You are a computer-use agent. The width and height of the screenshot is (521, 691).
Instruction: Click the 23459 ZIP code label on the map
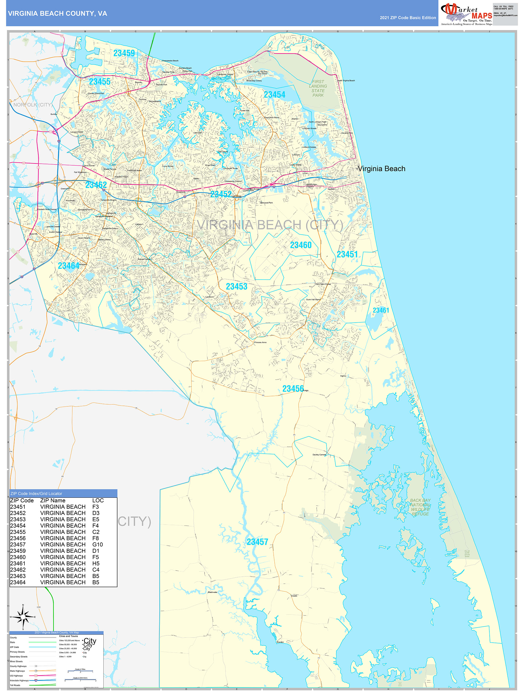coord(124,53)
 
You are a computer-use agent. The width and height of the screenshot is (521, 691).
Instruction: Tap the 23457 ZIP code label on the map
coord(257,542)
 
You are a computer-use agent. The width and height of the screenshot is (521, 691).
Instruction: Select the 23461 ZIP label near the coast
coord(381,310)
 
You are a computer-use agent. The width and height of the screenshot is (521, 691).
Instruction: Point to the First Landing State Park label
coord(318,89)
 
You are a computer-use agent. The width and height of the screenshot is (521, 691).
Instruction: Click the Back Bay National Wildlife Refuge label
coord(420,507)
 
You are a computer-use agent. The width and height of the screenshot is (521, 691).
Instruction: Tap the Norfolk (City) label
coord(33,105)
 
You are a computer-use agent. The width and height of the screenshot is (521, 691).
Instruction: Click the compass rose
coord(23,617)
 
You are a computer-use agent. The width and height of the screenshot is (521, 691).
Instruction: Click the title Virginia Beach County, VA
coord(57,14)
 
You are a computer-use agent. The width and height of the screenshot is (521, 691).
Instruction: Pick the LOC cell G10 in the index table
coord(98,545)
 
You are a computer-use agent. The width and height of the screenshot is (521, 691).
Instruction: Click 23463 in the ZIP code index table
coord(18,576)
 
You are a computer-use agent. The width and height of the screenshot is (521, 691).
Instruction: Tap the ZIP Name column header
coord(53,500)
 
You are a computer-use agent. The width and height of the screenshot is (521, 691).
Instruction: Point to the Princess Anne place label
coord(260,342)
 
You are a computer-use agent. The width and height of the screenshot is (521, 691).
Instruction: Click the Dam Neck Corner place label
coord(323,284)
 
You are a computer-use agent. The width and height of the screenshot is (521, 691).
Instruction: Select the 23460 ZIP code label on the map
coord(301,245)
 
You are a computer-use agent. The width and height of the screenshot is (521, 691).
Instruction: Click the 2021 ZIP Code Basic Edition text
coord(408,18)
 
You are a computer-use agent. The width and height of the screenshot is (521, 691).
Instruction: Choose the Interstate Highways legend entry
coord(19,680)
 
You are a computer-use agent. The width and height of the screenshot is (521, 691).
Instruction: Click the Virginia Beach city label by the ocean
coord(381,169)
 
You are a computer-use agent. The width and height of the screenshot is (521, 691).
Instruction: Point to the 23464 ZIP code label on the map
coord(68,266)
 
